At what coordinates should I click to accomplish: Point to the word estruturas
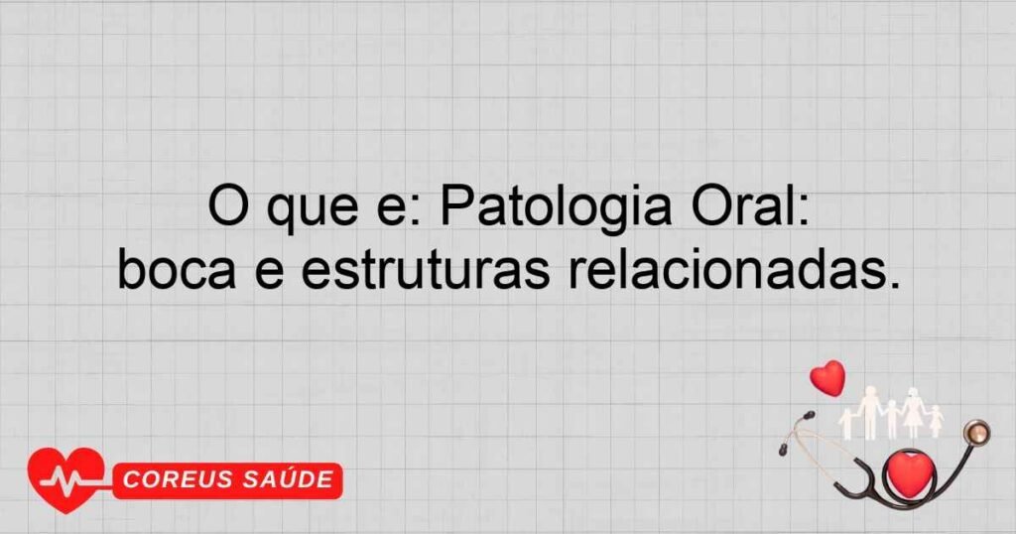[425, 270]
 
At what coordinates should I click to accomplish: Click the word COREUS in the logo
[180, 481]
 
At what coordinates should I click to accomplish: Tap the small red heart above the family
[827, 377]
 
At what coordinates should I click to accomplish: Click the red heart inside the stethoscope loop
[909, 472]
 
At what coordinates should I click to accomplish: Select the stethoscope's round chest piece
[977, 432]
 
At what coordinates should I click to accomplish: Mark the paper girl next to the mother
[934, 421]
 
